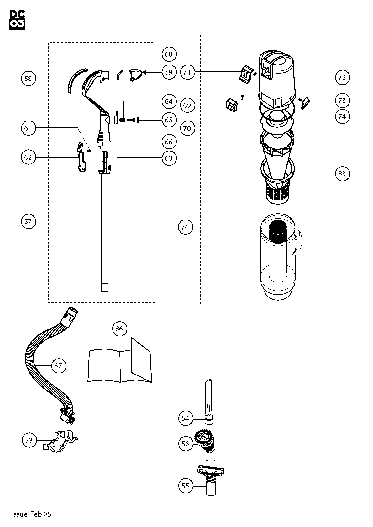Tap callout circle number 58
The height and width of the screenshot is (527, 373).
click(x=28, y=78)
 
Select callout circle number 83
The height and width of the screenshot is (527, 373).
click(x=342, y=173)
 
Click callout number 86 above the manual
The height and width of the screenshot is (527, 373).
click(x=119, y=329)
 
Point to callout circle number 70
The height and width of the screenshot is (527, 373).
click(x=187, y=128)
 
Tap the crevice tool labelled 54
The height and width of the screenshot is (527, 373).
click(x=208, y=401)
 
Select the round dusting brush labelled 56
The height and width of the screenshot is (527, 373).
click(x=205, y=442)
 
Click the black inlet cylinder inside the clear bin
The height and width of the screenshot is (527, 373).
click(x=278, y=231)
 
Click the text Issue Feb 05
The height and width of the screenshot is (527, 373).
click(x=31, y=514)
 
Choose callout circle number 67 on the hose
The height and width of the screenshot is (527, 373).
click(x=58, y=365)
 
